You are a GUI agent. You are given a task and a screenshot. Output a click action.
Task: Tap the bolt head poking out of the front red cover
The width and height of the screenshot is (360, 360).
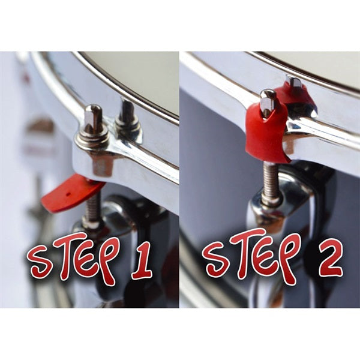[x=268, y=101]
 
